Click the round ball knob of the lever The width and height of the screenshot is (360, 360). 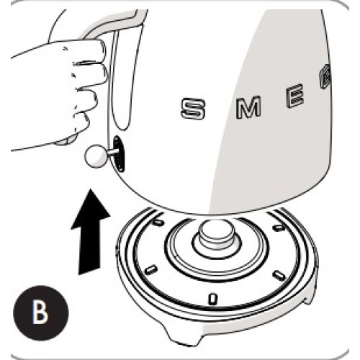pos(94,156)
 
